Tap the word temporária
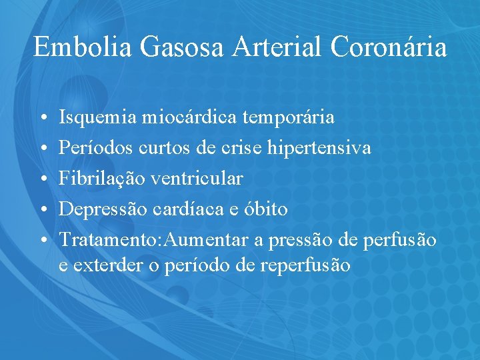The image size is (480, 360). [x=291, y=118]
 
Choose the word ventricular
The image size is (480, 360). [x=197, y=179]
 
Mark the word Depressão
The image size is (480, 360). [x=103, y=209]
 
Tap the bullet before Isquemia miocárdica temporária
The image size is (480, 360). [x=42, y=119]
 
